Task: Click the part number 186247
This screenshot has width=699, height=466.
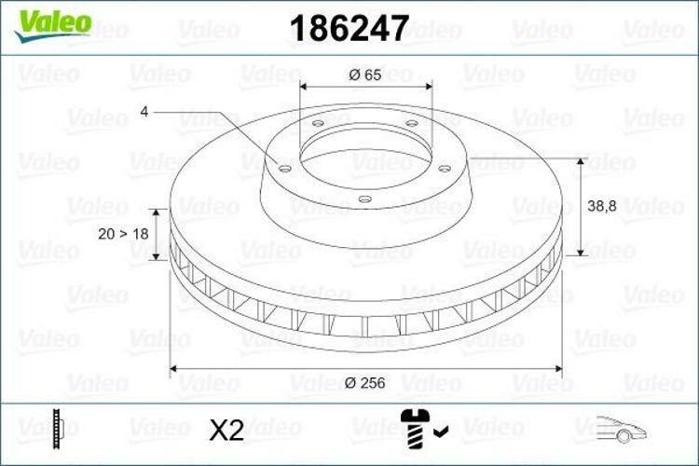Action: click(349, 28)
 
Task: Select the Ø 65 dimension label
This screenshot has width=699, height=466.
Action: click(366, 75)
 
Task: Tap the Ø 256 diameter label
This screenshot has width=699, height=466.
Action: click(366, 383)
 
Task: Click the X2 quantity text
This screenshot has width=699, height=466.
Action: click(226, 430)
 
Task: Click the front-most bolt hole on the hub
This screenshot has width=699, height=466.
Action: click(364, 198)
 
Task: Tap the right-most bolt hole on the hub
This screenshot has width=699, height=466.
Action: click(445, 169)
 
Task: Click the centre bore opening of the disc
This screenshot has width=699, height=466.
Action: click(365, 149)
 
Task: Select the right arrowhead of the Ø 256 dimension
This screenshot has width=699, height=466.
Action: click(558, 370)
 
